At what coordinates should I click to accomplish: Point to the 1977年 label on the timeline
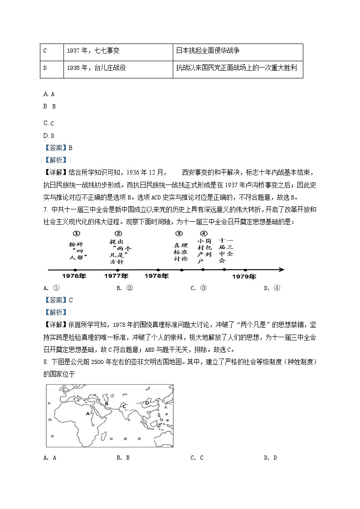click(117, 276)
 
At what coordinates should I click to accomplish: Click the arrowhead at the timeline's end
click(282, 270)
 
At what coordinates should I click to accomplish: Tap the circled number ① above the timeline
click(77, 233)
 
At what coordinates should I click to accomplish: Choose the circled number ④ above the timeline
click(203, 233)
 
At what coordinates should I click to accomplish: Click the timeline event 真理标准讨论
click(180, 252)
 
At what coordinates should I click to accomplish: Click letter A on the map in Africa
click(88, 413)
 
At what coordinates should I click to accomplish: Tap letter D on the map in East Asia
click(147, 402)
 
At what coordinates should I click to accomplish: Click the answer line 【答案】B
click(58, 148)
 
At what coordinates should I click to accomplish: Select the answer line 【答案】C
click(58, 300)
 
